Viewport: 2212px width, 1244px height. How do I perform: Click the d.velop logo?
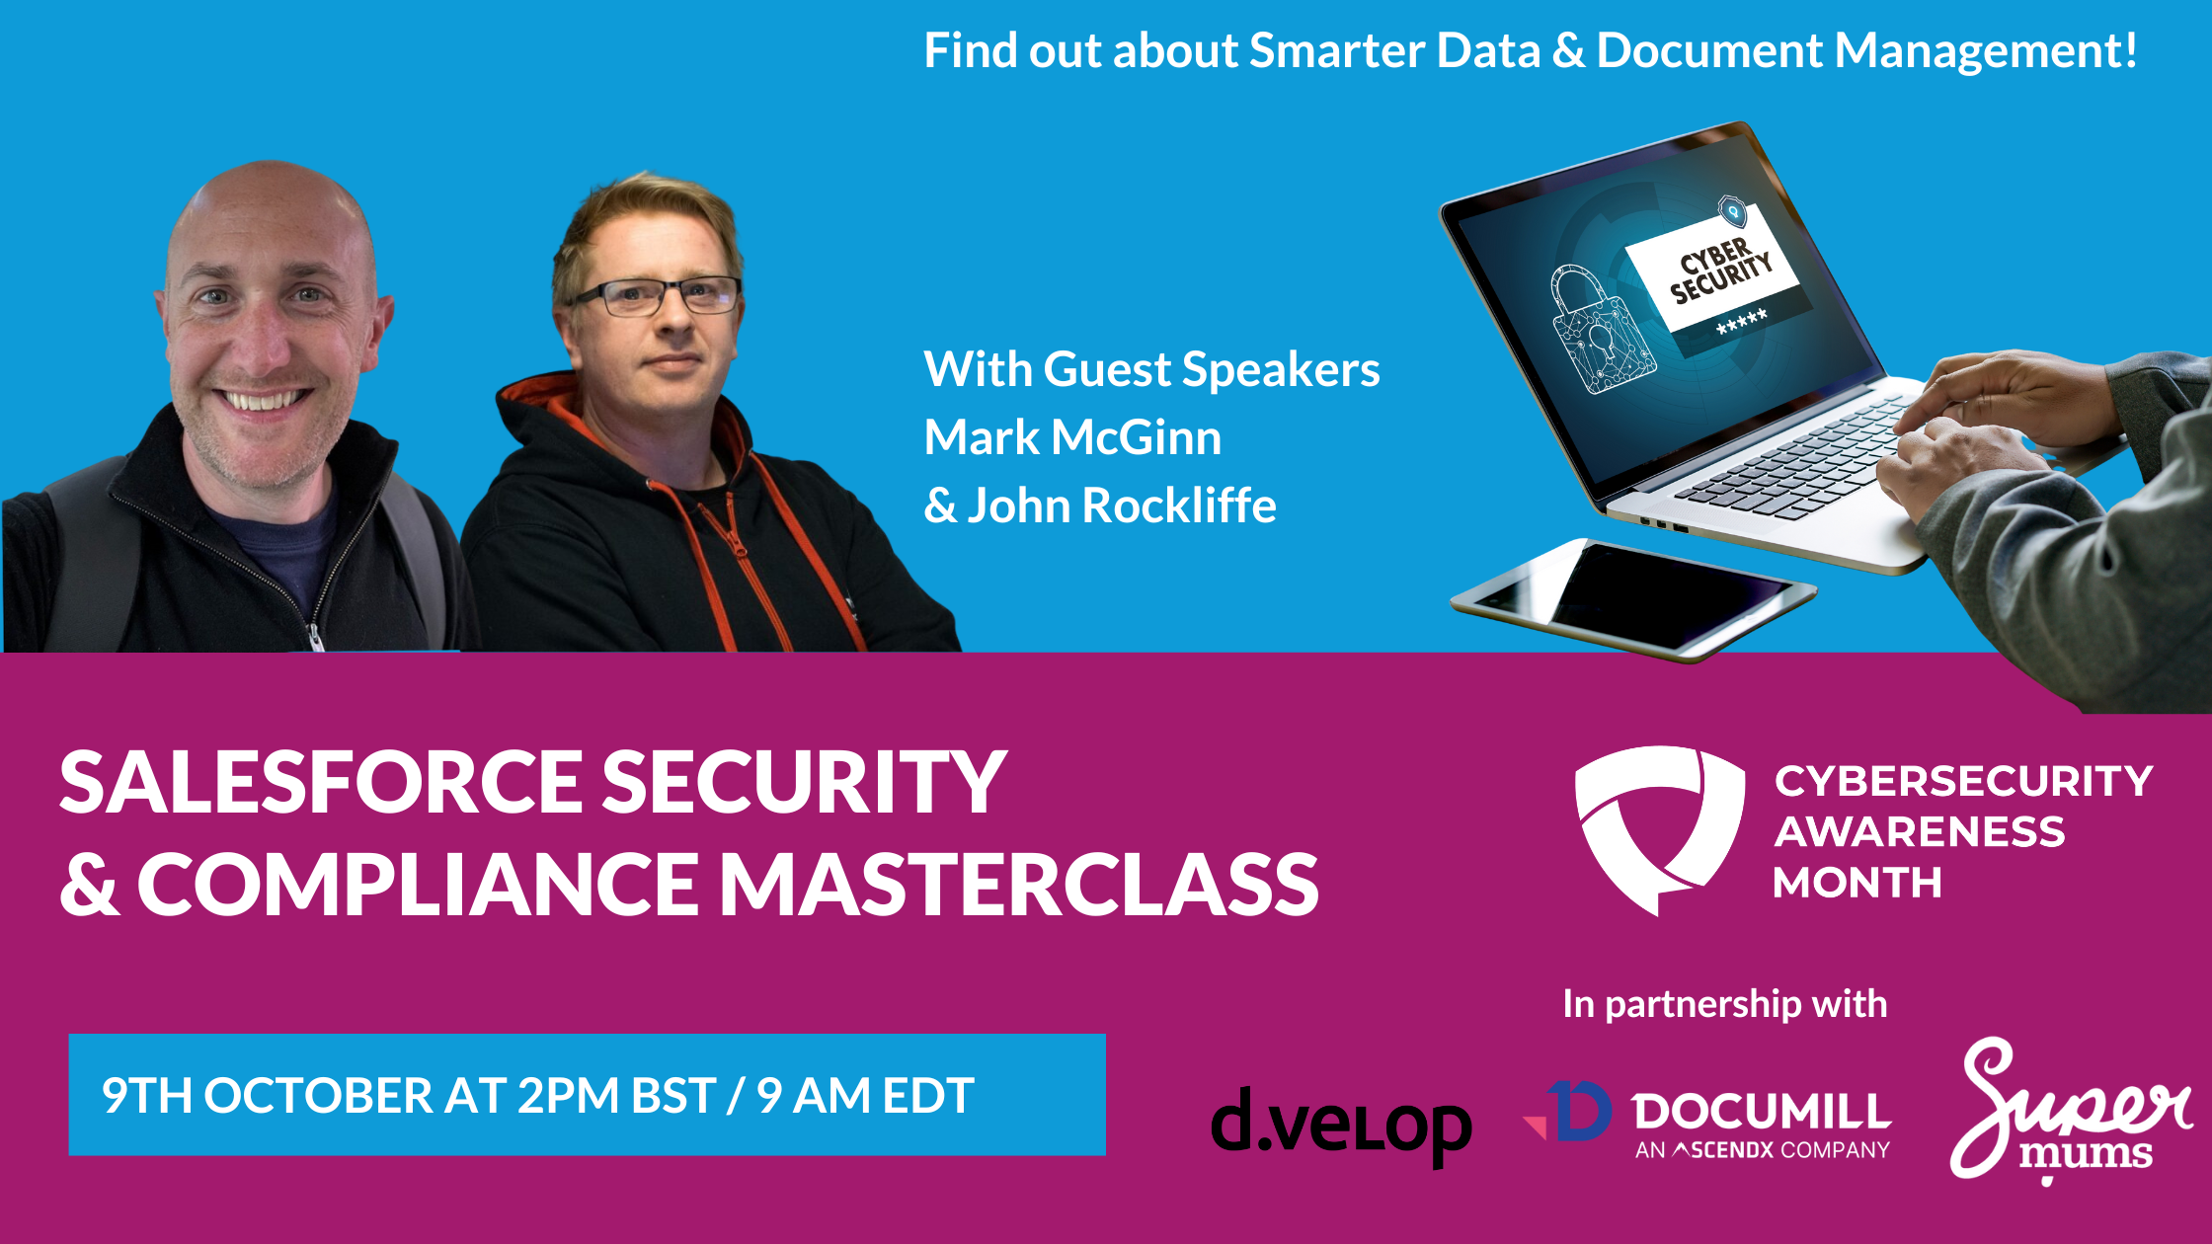(1341, 1127)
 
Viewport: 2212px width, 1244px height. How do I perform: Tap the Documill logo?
(1706, 1121)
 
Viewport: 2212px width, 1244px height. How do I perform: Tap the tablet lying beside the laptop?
(1632, 599)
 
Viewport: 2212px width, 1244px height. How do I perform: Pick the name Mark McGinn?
(1072, 437)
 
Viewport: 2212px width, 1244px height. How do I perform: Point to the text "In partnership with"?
(1725, 1005)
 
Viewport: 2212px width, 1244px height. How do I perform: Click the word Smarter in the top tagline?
(1336, 50)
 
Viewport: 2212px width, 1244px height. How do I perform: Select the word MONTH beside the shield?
(1857, 883)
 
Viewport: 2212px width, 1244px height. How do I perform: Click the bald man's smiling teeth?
(261, 400)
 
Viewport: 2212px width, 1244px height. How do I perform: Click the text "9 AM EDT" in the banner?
(866, 1096)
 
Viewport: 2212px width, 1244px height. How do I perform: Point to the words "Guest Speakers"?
(1212, 370)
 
